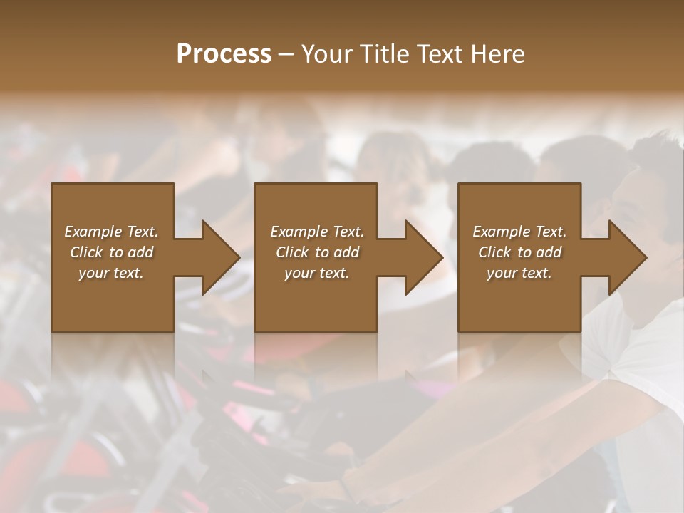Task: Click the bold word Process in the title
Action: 224,53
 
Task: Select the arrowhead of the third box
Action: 626,257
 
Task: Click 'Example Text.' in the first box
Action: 111,232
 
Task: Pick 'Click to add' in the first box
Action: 111,252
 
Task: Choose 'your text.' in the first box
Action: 111,273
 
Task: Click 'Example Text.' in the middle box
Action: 316,232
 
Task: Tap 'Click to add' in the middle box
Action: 316,252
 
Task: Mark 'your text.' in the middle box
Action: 316,273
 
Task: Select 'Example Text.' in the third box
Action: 519,232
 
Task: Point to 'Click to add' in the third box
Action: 519,252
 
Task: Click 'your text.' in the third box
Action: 519,273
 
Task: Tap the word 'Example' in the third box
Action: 502,232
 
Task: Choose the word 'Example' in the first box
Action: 93,232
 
